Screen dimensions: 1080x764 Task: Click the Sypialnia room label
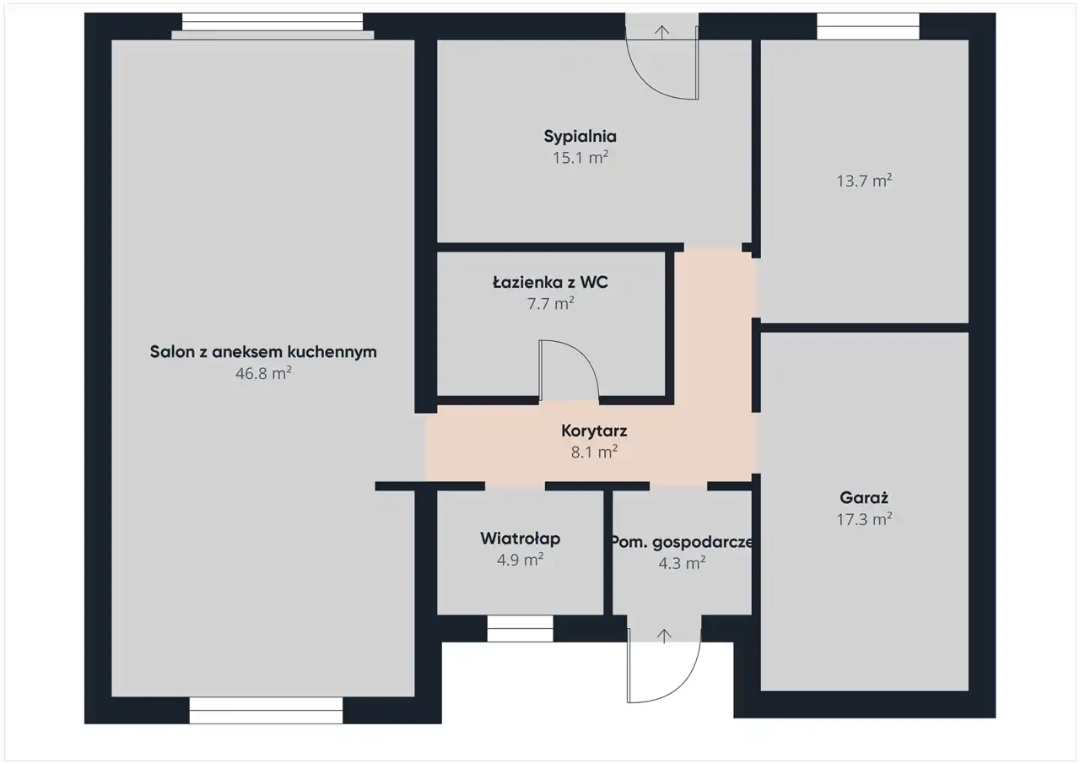(x=580, y=137)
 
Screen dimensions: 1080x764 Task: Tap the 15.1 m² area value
(x=580, y=158)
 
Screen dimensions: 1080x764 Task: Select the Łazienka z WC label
(x=550, y=282)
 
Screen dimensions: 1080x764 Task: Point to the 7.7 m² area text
(x=551, y=303)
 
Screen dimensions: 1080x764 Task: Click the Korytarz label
(x=594, y=431)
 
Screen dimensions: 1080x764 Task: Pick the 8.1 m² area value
(x=595, y=452)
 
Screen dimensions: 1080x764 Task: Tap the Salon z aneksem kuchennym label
(x=263, y=352)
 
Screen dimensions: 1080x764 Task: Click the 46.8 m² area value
(x=263, y=373)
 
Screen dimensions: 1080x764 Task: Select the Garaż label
(x=864, y=497)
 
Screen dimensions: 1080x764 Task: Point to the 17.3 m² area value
(x=864, y=519)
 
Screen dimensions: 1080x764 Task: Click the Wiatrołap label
(x=521, y=539)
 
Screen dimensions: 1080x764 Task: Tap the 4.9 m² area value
(x=521, y=560)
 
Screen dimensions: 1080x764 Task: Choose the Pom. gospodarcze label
(x=682, y=543)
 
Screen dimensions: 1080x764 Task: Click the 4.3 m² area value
(x=683, y=563)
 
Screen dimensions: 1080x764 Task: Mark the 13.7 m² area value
(x=864, y=181)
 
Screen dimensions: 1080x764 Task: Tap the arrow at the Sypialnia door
(x=662, y=32)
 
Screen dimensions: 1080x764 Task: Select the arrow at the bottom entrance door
(x=664, y=637)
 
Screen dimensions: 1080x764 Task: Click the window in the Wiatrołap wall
(x=520, y=628)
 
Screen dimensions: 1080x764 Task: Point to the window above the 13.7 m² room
(x=868, y=26)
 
